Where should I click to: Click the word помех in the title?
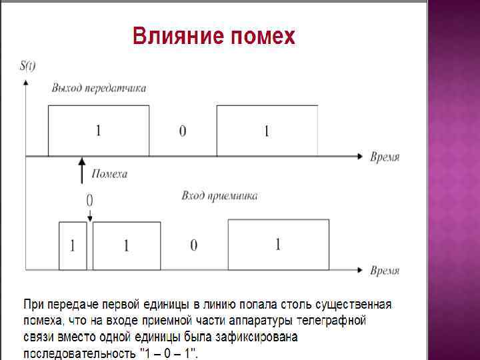coord(262,36)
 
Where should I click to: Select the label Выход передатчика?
coord(99,88)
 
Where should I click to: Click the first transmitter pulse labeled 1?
coord(98,130)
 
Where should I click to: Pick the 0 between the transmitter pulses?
coord(183,131)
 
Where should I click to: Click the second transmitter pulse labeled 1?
coord(267,131)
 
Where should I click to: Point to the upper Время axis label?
coord(385,157)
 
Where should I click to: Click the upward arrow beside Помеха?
coord(82,171)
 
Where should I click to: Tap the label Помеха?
coord(109,175)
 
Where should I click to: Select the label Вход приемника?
coord(219,196)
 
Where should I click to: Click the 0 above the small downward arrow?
coord(89,200)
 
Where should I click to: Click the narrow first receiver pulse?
coord(73,245)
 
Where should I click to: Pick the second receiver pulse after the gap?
coord(127,245)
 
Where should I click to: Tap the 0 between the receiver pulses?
coord(194,246)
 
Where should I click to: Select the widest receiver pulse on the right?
coord(278,245)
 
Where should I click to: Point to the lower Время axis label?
coord(385,271)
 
